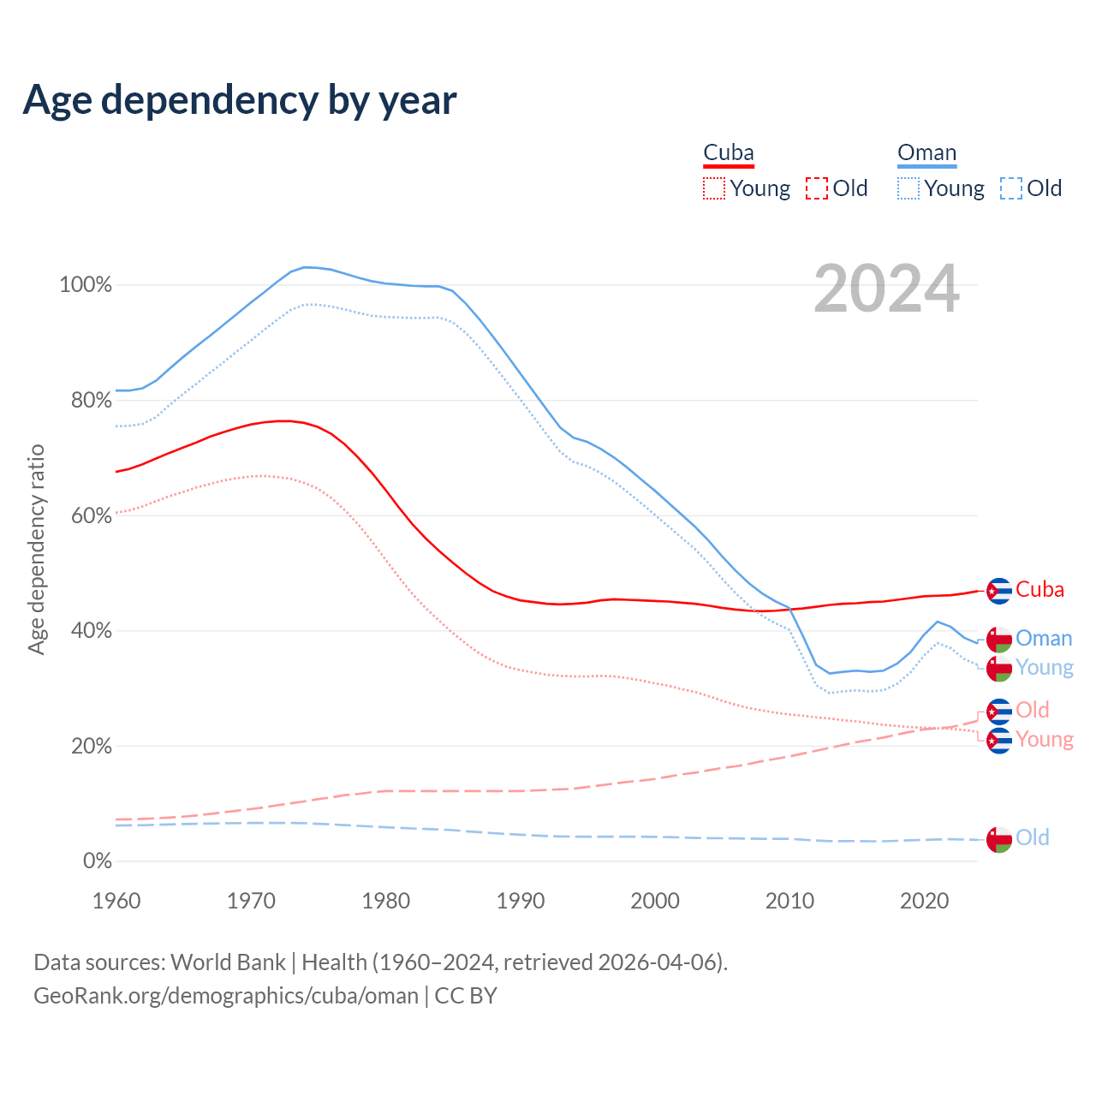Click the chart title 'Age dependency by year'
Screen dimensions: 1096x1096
(240, 100)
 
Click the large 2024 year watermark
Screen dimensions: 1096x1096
(886, 289)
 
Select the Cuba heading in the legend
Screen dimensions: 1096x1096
(729, 153)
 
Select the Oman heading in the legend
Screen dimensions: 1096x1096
(926, 153)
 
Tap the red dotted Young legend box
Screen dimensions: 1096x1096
(714, 188)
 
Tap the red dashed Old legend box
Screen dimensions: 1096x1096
(817, 188)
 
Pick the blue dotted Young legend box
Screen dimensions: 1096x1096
(908, 188)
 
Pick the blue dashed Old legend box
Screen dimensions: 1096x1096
(1011, 188)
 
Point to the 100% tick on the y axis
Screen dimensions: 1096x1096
(86, 285)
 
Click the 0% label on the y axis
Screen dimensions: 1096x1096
(97, 861)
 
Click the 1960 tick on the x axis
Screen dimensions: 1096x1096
(116, 901)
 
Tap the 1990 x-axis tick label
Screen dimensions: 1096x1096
(521, 901)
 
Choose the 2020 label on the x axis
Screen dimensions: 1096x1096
(925, 901)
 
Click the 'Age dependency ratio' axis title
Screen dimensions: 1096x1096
(36, 549)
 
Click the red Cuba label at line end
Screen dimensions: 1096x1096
(1039, 590)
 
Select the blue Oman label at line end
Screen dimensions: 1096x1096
(1044, 639)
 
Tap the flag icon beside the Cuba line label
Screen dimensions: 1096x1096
(999, 591)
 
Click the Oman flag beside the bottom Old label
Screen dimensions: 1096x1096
(999, 839)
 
